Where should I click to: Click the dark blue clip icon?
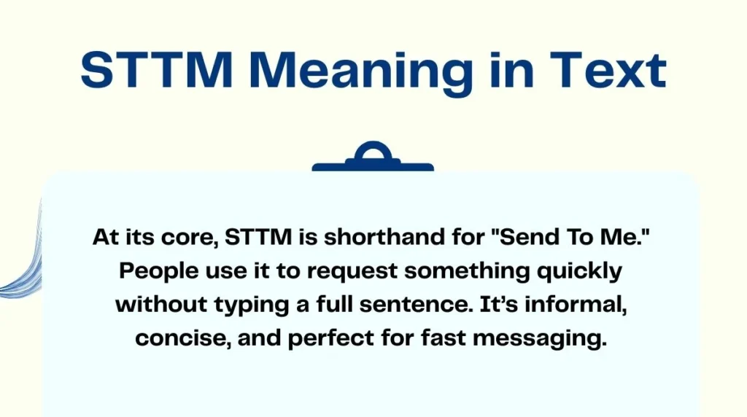[x=373, y=158]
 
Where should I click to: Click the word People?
[x=155, y=271]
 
